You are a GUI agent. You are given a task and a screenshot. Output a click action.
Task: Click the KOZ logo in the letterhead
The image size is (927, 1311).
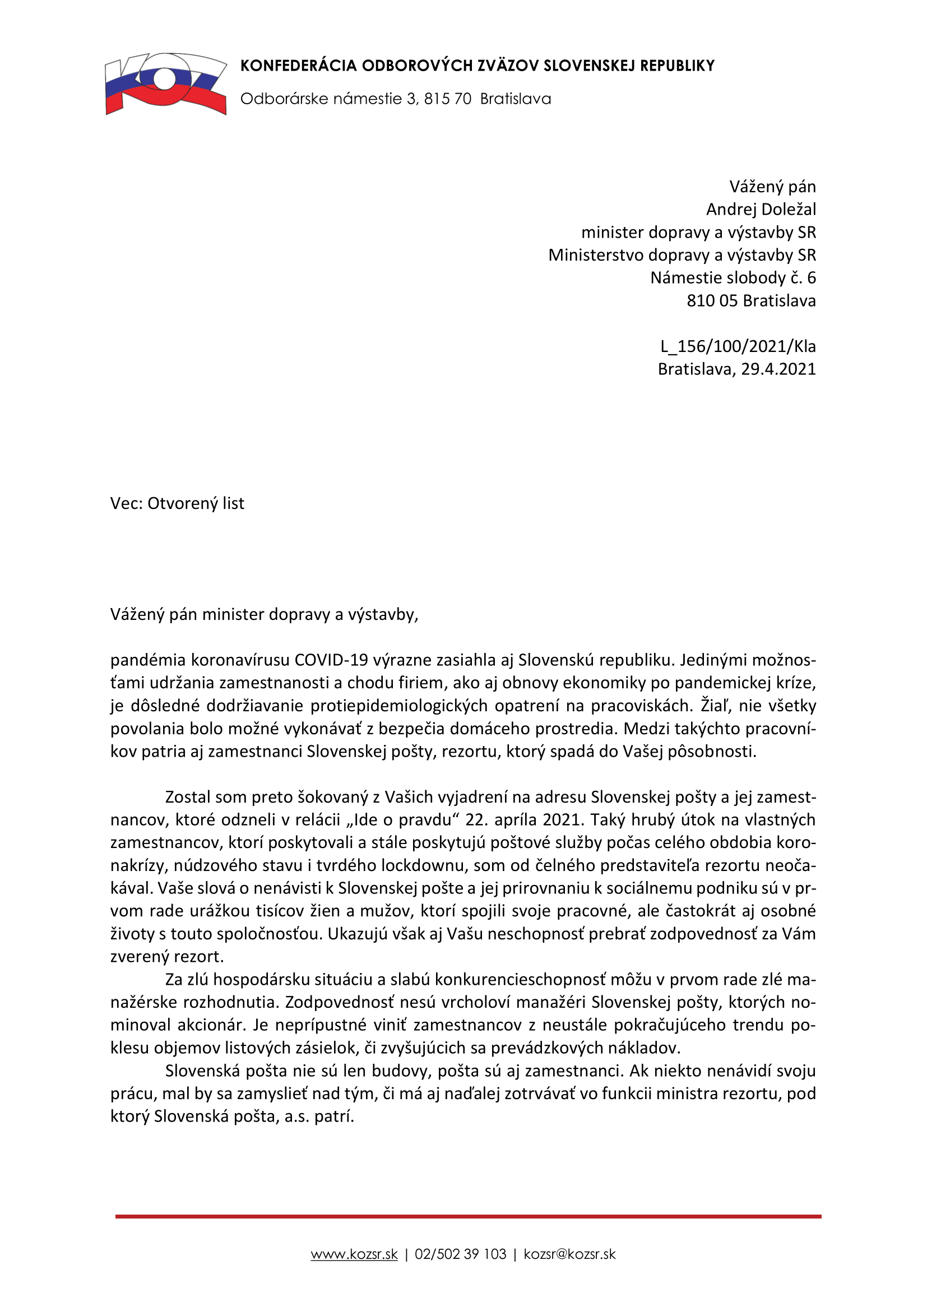pyautogui.click(x=165, y=84)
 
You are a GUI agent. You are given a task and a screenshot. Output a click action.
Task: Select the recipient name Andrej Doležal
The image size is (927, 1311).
pyautogui.click(x=761, y=210)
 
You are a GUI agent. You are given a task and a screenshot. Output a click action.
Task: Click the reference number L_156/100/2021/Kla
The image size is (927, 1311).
pyautogui.click(x=738, y=346)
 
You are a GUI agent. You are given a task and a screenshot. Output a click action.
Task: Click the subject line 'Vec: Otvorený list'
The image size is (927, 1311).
pyautogui.click(x=177, y=504)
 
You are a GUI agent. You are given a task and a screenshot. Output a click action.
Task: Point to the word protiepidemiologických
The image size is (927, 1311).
pyautogui.click(x=399, y=706)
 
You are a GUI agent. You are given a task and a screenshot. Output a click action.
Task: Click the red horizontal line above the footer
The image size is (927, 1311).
pyautogui.click(x=468, y=1217)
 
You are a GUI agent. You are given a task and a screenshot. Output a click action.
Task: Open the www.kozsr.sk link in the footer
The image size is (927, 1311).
pyautogui.click(x=354, y=1254)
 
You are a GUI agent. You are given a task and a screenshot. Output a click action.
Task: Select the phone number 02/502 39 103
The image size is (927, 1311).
pyautogui.click(x=460, y=1254)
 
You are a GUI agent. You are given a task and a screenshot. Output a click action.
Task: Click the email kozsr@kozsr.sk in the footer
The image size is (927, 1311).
pyautogui.click(x=569, y=1254)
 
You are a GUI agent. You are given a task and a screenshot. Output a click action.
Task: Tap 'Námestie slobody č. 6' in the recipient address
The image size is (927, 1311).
pyautogui.click(x=733, y=278)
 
